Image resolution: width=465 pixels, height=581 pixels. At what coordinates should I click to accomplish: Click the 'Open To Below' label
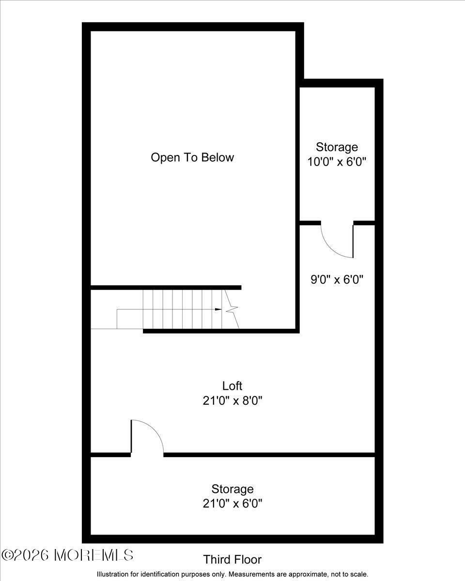[192, 157]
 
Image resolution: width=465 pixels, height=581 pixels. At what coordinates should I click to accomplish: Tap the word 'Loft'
[232, 386]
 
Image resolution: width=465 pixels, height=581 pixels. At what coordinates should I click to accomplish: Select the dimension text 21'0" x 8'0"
[232, 401]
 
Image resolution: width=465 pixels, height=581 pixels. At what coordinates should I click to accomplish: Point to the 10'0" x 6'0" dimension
[337, 161]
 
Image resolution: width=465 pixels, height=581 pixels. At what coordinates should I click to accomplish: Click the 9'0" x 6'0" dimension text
[337, 279]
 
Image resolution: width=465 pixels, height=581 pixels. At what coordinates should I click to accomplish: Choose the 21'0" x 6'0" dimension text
[232, 504]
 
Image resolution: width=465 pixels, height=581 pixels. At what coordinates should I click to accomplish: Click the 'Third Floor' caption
[232, 560]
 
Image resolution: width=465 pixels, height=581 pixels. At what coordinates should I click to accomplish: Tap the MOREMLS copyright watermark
[67, 555]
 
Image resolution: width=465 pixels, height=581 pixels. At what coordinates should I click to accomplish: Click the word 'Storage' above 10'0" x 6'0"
[337, 147]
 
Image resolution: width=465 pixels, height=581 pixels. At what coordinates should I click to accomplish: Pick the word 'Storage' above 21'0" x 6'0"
[232, 489]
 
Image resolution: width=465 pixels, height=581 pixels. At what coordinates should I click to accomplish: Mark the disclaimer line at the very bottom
[232, 574]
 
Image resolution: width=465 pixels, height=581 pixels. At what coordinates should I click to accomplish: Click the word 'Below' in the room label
[218, 157]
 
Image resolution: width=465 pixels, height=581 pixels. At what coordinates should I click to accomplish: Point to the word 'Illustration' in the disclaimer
[113, 574]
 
